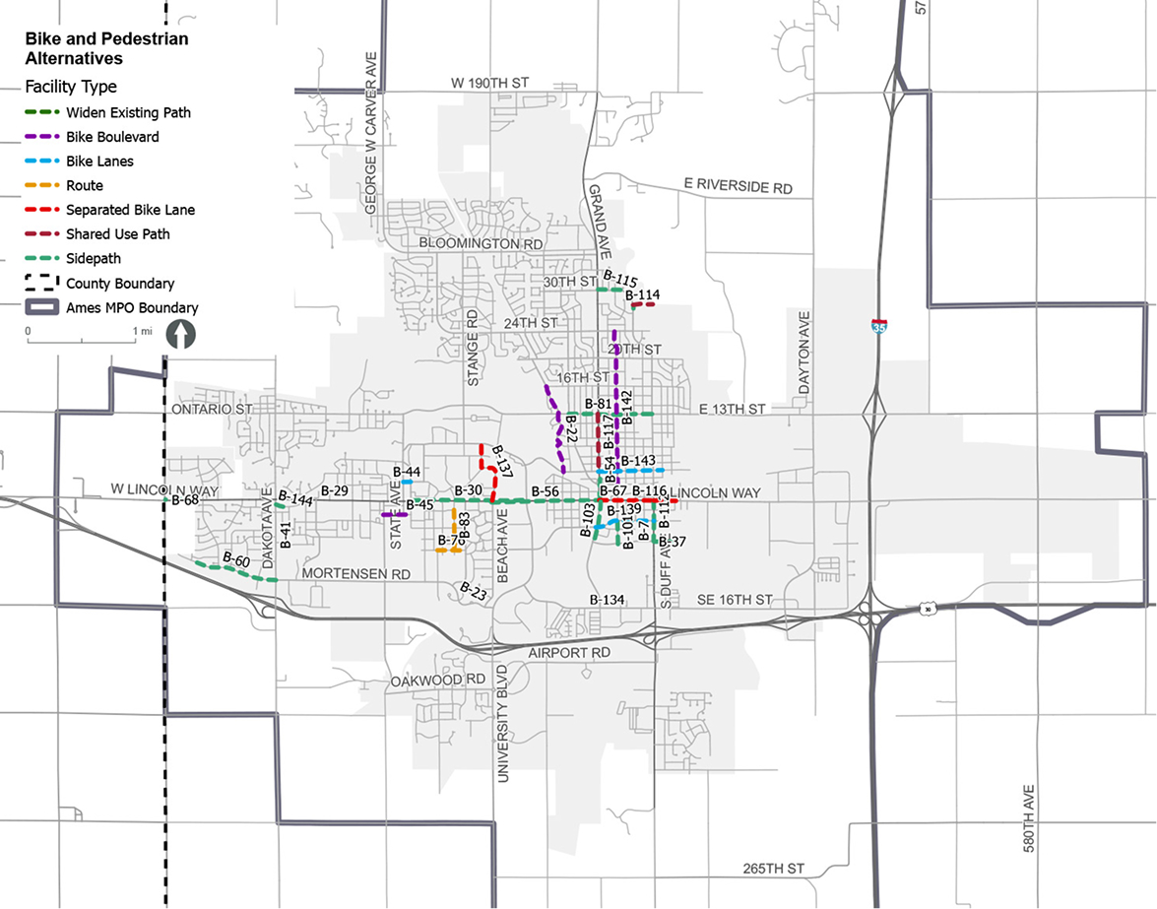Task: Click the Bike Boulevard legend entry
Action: [x=112, y=137]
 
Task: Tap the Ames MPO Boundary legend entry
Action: [x=132, y=307]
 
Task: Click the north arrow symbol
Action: [x=183, y=334]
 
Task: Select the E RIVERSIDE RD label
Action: [x=738, y=186]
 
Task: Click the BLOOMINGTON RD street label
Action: [x=482, y=243]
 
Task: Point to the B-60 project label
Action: [x=236, y=559]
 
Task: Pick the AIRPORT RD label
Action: [x=569, y=653]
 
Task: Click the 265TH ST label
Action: [x=776, y=869]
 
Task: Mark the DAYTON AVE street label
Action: [x=804, y=354]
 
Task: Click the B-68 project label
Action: [x=185, y=500]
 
